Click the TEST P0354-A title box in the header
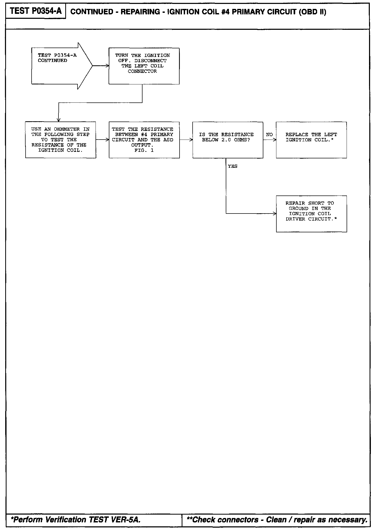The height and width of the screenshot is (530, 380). pyautogui.click(x=36, y=11)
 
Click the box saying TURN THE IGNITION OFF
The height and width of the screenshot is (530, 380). pyautogui.click(x=144, y=66)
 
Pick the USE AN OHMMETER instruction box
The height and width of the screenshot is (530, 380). pyautogui.click(x=61, y=140)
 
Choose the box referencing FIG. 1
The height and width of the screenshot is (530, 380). pyautogui.click(x=144, y=140)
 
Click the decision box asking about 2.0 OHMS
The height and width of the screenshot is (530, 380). pyautogui.click(x=228, y=140)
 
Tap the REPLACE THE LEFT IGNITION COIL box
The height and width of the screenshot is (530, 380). pyautogui.click(x=311, y=140)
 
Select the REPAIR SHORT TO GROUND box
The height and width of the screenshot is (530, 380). pyautogui.click(x=311, y=214)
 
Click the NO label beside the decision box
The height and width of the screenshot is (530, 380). pyautogui.click(x=269, y=135)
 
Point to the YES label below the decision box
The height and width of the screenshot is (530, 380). pyautogui.click(x=233, y=166)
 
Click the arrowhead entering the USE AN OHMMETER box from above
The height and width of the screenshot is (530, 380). pyautogui.click(x=59, y=120)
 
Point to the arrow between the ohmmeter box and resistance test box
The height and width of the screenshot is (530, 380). pyautogui.click(x=102, y=140)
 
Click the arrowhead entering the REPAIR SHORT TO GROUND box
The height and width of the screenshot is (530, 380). pyautogui.click(x=275, y=214)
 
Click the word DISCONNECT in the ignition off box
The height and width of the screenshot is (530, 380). pyautogui.click(x=150, y=61)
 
